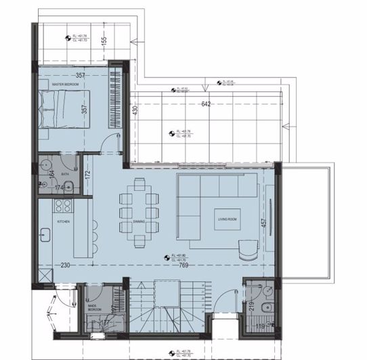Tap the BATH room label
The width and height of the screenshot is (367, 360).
(65, 155)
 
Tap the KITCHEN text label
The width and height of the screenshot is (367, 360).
(64, 221)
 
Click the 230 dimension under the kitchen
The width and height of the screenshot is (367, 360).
(64, 265)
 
